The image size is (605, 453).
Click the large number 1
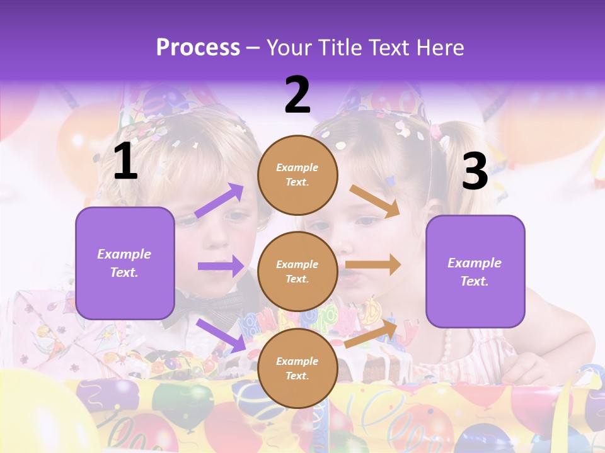tap(125, 162)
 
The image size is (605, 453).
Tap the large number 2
tap(297, 95)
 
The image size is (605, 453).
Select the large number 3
tap(475, 171)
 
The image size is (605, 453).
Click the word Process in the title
tap(198, 47)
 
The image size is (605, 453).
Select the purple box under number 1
tap(125, 263)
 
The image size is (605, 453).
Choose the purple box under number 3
tap(475, 271)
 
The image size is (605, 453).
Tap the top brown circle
tap(297, 175)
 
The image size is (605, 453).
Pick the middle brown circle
tap(297, 271)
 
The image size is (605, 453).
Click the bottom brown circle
tap(297, 368)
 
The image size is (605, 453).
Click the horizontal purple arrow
tap(221, 266)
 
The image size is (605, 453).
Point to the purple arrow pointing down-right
tap(221, 335)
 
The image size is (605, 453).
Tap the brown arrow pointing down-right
tap(374, 201)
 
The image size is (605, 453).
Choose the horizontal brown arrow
tap(373, 265)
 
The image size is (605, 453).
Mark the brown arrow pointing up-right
tap(371, 333)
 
